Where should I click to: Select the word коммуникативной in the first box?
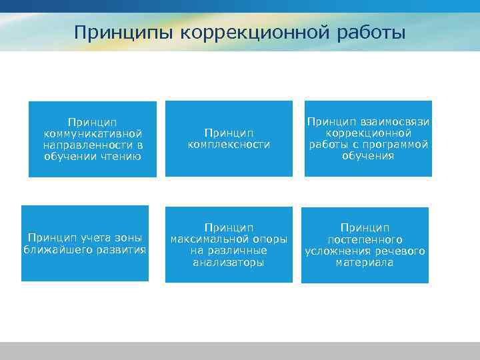(93, 133)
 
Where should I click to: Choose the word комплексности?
(229, 145)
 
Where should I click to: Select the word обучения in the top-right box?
(368, 156)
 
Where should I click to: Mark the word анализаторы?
(229, 262)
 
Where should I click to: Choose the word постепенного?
(365, 239)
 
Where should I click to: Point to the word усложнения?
(333, 251)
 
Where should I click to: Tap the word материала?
(365, 262)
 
